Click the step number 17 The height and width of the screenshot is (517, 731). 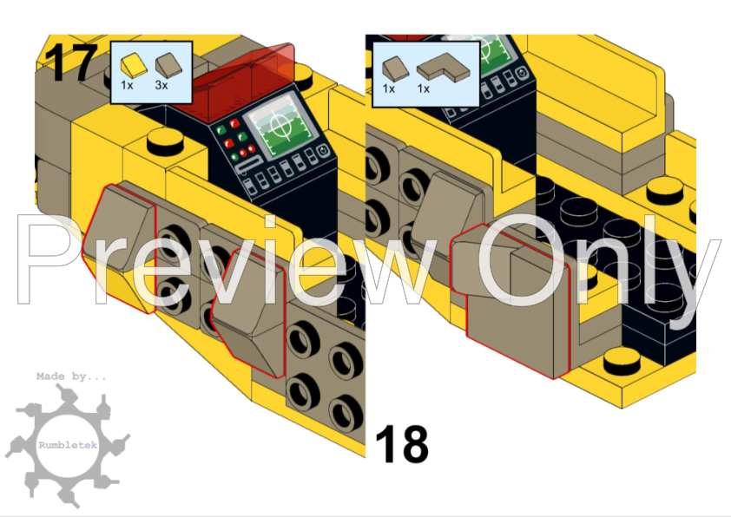click(71, 62)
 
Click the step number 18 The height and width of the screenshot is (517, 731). click(402, 444)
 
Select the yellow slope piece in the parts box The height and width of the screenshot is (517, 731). click(134, 65)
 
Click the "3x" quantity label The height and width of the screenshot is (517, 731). click(161, 85)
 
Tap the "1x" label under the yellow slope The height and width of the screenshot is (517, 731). click(127, 85)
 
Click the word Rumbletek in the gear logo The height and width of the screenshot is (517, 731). click(68, 445)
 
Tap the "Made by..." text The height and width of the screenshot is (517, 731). click(71, 376)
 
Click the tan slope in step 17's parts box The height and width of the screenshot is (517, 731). click(167, 65)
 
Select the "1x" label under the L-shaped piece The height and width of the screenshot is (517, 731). click(424, 88)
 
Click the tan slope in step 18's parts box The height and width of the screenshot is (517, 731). click(395, 69)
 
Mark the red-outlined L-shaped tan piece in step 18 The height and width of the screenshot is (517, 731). click(510, 298)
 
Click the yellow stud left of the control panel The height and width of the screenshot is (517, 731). click(165, 141)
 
